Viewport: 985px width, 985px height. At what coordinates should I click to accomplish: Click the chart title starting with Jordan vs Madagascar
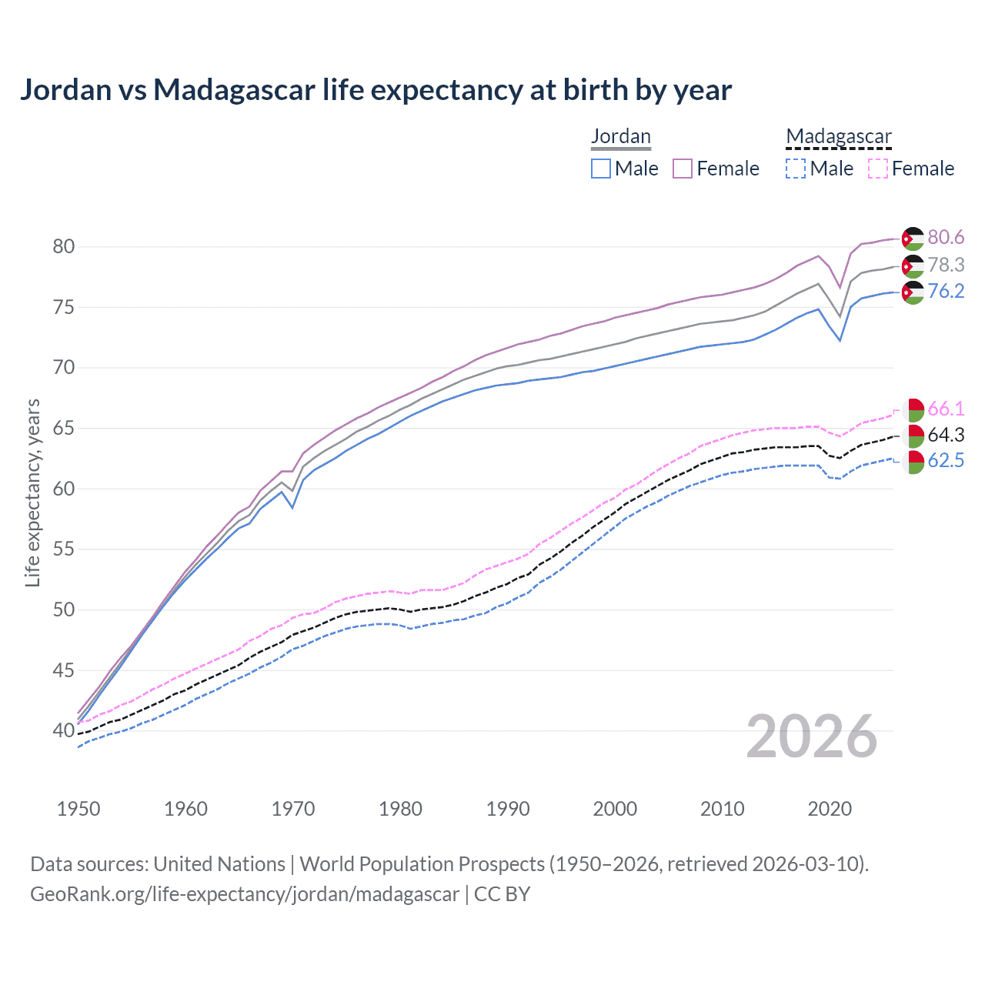pyautogui.click(x=376, y=90)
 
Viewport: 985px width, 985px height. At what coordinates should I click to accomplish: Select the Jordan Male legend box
pyautogui.click(x=601, y=169)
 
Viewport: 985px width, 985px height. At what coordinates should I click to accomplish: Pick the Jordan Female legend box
pyautogui.click(x=683, y=169)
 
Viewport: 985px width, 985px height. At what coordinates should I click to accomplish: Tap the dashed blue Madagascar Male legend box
pyautogui.click(x=796, y=169)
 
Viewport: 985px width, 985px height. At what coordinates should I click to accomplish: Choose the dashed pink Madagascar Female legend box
pyautogui.click(x=878, y=169)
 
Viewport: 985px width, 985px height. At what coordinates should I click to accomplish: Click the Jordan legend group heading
pyautogui.click(x=621, y=136)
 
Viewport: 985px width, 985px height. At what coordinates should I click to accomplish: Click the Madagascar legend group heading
pyautogui.click(x=839, y=136)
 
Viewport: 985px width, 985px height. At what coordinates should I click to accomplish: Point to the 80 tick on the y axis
pyautogui.click(x=64, y=247)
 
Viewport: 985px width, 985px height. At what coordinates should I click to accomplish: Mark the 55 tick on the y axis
pyautogui.click(x=64, y=549)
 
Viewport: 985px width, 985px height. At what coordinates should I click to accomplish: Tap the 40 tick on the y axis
pyautogui.click(x=64, y=730)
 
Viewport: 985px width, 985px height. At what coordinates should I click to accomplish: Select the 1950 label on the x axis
pyautogui.click(x=78, y=809)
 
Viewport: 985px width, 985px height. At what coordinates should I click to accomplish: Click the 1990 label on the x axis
pyautogui.click(x=508, y=809)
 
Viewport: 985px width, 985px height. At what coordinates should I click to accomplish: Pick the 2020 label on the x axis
pyautogui.click(x=830, y=809)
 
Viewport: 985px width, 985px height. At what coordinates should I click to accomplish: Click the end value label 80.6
pyautogui.click(x=946, y=238)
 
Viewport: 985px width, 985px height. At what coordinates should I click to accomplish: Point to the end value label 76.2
pyautogui.click(x=946, y=291)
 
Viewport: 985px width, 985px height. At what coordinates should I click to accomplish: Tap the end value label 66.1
pyautogui.click(x=946, y=409)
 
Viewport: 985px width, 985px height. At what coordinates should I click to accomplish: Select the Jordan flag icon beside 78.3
pyautogui.click(x=913, y=266)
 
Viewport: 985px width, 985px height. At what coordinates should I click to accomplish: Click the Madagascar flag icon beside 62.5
pyautogui.click(x=913, y=462)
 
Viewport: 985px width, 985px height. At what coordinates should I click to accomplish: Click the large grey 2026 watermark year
pyautogui.click(x=812, y=736)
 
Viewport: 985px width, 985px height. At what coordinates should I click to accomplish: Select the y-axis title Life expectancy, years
pyautogui.click(x=33, y=492)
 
